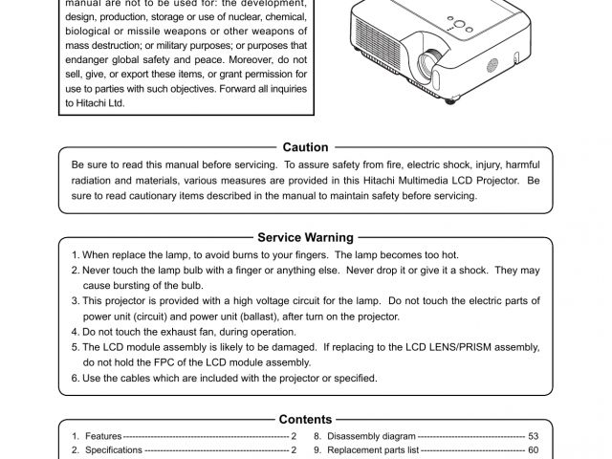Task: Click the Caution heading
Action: [306, 147]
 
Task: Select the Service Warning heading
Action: [306, 237]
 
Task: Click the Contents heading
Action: [306, 419]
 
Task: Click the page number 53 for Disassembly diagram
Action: [534, 435]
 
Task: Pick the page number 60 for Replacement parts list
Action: [534, 449]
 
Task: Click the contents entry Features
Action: [103, 435]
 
